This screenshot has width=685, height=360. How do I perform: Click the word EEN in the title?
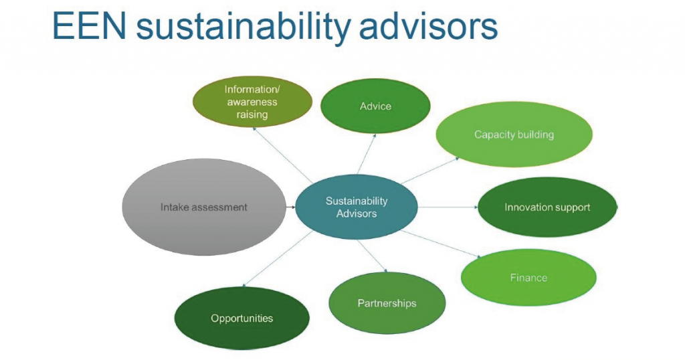tap(89, 26)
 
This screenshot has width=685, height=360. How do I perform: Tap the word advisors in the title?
tap(429, 26)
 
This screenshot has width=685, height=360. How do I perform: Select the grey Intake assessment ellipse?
tap(203, 207)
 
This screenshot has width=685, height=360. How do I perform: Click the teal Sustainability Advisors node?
tap(357, 207)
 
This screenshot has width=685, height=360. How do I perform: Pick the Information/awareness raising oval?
tap(252, 101)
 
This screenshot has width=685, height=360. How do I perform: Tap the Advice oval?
tap(375, 106)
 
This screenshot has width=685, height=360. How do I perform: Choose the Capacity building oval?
tap(514, 134)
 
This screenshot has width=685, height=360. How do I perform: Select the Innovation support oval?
tap(547, 207)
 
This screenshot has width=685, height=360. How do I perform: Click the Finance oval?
tap(528, 278)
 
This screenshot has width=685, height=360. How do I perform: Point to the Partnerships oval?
tap(387, 303)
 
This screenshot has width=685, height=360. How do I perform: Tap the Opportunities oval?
tap(242, 318)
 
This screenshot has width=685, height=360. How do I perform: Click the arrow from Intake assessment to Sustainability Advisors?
tap(291, 207)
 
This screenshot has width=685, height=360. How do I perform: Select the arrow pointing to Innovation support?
tap(448, 207)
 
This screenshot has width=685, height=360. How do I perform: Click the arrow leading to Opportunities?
tap(278, 259)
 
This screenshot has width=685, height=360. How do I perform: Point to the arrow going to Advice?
tap(367, 154)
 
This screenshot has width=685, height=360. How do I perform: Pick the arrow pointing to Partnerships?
tap(372, 256)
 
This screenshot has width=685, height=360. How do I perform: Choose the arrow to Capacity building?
tap(430, 171)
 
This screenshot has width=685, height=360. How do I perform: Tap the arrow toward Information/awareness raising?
tap(282, 155)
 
